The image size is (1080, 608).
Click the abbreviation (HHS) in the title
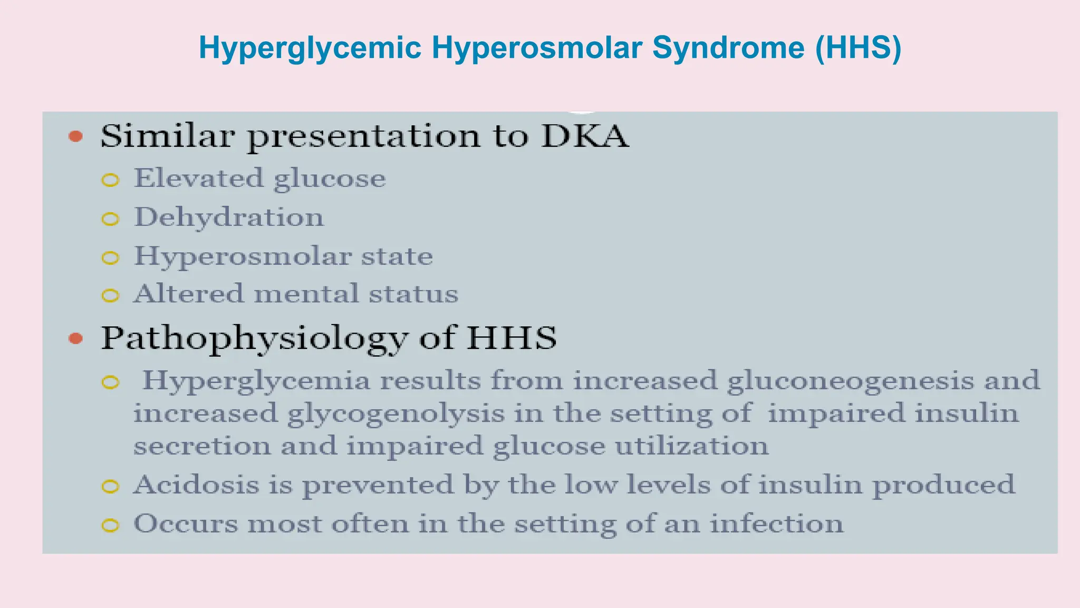858,47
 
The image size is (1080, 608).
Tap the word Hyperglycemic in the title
310,47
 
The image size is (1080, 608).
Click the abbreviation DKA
585,136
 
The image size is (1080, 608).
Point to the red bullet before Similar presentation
76,137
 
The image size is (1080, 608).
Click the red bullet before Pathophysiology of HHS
76,338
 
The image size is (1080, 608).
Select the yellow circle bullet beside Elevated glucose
110,180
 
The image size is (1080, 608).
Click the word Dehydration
229,217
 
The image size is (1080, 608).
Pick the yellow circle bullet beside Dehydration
110,219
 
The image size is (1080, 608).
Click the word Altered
188,294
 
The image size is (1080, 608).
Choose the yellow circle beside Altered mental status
110,296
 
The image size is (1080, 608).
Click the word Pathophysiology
254,338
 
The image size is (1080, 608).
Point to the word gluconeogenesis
850,381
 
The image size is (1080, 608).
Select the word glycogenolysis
396,414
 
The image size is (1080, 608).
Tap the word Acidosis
196,484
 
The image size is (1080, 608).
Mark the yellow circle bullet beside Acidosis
110,487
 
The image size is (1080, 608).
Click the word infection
776,524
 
